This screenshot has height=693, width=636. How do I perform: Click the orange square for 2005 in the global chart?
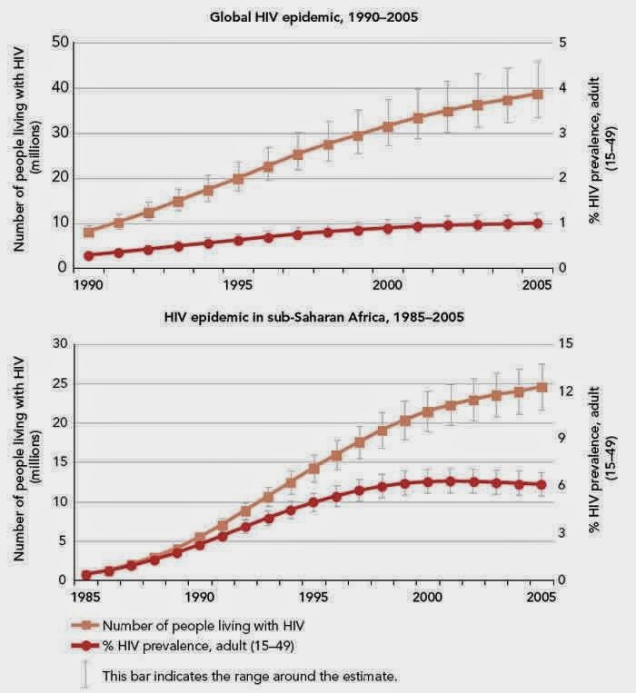538,94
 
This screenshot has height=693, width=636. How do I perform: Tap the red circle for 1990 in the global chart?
88,256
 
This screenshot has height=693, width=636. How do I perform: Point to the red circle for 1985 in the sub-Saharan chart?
87,575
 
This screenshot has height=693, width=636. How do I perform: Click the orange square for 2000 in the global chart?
388,127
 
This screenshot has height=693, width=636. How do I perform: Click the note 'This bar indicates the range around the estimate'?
250,676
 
